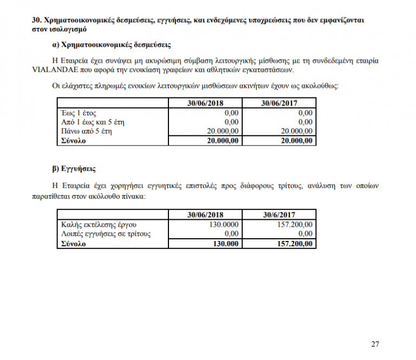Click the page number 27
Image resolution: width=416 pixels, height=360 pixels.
click(x=375, y=344)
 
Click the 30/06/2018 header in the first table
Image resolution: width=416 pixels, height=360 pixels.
click(x=205, y=103)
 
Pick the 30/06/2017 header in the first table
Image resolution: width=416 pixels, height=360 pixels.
click(x=279, y=103)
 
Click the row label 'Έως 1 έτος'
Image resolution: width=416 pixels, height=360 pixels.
click(x=77, y=113)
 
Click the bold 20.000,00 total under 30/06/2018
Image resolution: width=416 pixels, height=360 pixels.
click(x=219, y=141)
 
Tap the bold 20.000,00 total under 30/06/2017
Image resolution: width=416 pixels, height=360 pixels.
click(x=294, y=141)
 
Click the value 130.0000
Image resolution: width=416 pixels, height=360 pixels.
click(x=223, y=224)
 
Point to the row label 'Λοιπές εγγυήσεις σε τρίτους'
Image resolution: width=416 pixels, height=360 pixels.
click(x=103, y=234)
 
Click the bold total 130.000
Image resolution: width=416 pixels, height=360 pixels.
click(x=225, y=244)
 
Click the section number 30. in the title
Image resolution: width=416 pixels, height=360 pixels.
click(x=37, y=20)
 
